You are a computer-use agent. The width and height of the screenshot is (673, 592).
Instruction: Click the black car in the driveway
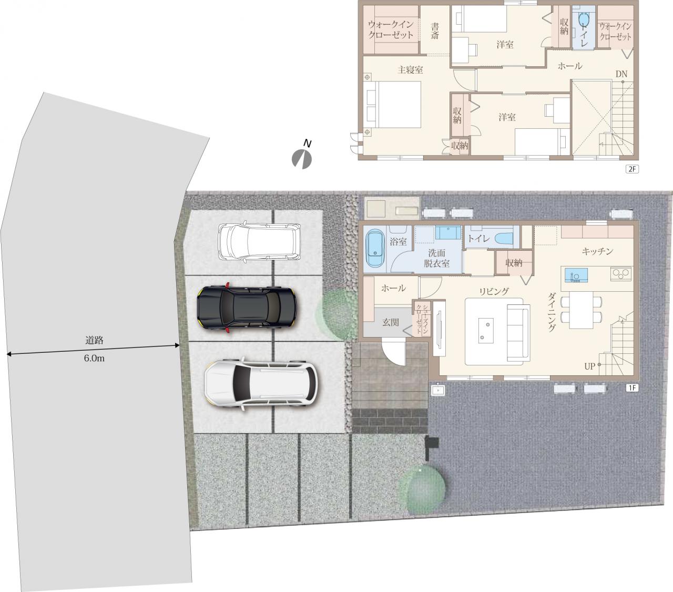coord(247,308)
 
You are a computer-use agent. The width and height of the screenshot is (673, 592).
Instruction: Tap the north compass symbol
coord(302,156)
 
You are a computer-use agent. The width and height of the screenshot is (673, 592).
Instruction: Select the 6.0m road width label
coord(94,358)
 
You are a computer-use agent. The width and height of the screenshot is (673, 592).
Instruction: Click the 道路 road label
coord(94,340)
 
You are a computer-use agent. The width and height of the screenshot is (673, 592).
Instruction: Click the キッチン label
coord(597,251)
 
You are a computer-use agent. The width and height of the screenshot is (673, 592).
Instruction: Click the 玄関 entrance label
coord(390,322)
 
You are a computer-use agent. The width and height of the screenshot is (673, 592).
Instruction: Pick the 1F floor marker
coord(632,387)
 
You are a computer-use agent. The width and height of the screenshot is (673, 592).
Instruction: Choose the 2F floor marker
coord(632,169)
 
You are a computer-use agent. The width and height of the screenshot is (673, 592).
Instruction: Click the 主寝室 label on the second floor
coord(410,70)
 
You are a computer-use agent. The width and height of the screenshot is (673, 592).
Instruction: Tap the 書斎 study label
coord(435,31)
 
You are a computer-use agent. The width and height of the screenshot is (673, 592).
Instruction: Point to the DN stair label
coord(621,74)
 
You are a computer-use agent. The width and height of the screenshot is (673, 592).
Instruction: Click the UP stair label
coord(589,366)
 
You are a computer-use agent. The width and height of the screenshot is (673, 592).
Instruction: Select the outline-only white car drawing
coord(259,242)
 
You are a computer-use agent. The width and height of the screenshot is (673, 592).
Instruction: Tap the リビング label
coord(494,291)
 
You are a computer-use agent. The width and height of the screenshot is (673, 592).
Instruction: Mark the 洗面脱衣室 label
coord(436,258)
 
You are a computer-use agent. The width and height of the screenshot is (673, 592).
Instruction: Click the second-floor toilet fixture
coord(584,21)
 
